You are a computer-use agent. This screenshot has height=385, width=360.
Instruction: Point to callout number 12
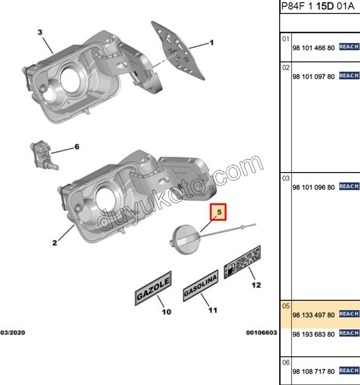256,285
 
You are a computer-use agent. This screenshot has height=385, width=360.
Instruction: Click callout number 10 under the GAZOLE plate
166,312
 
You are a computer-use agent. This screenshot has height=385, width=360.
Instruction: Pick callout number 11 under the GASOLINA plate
212,310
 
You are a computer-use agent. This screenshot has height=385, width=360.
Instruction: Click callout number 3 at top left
39,32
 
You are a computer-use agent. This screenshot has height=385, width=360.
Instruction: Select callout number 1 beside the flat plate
211,43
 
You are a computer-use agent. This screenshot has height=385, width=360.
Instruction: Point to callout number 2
54,243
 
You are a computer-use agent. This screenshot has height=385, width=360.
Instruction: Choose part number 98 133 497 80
314,315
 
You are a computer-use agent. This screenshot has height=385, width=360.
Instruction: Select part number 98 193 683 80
314,334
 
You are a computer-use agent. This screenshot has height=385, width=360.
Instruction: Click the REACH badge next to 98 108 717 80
349,371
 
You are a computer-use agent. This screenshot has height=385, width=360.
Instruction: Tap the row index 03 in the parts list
286,178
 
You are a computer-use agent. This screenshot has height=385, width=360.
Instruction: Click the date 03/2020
12,333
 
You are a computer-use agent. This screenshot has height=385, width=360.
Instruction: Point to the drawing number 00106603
262,333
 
